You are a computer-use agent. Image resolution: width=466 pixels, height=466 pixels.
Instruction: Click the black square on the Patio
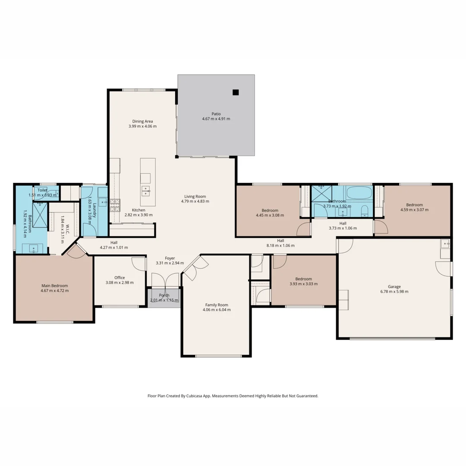(x=236, y=92)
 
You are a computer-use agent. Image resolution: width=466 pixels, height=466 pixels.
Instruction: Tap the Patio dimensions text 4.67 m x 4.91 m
(x=216, y=119)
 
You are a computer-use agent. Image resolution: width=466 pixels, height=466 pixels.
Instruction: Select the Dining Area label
(x=142, y=121)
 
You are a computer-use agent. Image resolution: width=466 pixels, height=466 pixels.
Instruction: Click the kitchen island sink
(x=146, y=190)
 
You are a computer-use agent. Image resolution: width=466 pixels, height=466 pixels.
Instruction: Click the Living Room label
(x=195, y=196)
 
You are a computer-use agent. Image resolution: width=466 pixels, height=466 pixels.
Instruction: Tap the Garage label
(x=394, y=287)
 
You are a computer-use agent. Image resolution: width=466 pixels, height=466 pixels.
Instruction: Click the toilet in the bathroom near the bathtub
(x=365, y=211)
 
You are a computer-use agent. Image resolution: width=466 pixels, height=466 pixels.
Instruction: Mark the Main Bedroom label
(x=54, y=286)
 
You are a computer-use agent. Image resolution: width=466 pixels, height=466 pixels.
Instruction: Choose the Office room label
(x=120, y=277)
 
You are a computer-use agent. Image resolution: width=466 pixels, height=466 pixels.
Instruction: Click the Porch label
(x=164, y=295)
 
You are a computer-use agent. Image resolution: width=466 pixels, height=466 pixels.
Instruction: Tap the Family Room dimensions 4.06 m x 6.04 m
(x=217, y=310)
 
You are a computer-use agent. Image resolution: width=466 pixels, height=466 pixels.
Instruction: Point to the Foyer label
(x=170, y=258)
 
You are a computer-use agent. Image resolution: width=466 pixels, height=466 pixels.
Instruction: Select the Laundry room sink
(x=102, y=202)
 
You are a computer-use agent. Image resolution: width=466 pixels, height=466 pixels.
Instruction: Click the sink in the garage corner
(x=445, y=244)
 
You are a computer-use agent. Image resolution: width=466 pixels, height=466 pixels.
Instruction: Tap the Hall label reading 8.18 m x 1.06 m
(x=280, y=246)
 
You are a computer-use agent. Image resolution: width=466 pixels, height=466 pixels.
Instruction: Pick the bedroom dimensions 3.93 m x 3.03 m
(x=303, y=284)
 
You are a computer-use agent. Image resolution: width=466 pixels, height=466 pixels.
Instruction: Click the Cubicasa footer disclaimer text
(x=233, y=396)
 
